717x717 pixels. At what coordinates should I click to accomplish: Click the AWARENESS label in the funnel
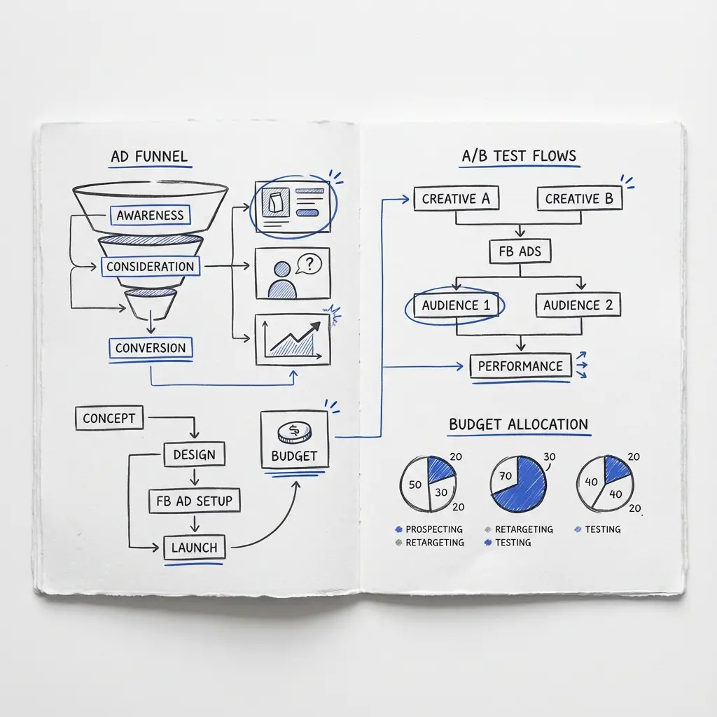click(150, 215)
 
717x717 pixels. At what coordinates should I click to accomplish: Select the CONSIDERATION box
click(151, 266)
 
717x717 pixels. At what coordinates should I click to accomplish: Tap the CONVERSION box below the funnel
click(151, 348)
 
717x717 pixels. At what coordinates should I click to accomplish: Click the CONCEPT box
click(109, 418)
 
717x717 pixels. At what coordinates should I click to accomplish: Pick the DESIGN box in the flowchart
click(195, 454)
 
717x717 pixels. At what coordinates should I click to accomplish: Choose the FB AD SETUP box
click(195, 501)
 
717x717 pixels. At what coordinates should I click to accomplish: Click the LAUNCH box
click(195, 547)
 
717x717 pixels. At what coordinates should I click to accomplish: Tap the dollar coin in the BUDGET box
click(295, 432)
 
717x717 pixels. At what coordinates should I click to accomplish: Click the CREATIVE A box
click(456, 198)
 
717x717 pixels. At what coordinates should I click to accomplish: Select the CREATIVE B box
click(579, 198)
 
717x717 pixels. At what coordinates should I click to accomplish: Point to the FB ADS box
click(520, 251)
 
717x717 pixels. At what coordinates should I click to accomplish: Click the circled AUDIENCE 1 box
click(455, 305)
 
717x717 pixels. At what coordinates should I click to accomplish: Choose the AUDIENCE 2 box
click(578, 305)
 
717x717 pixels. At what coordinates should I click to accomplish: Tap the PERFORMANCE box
click(521, 366)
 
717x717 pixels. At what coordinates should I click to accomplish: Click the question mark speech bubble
click(309, 264)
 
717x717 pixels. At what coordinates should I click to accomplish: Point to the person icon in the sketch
click(282, 280)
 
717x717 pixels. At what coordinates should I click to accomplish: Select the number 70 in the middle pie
click(506, 476)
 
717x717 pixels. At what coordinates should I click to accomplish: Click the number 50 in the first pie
click(415, 485)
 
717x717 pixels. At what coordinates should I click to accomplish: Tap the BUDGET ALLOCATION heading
click(519, 424)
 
